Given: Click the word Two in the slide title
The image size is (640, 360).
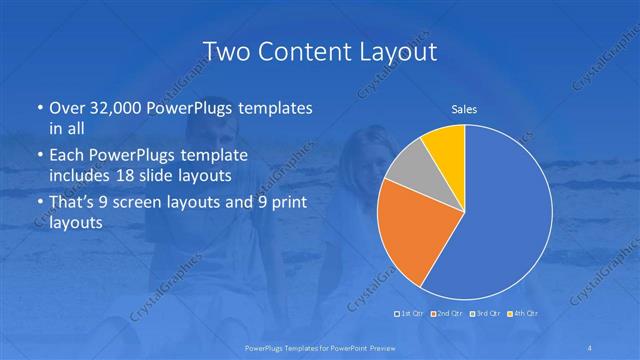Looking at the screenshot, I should (224, 51).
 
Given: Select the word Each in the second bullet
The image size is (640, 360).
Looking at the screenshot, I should (68, 156).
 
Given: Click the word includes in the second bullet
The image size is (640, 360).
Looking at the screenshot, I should (80, 176).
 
